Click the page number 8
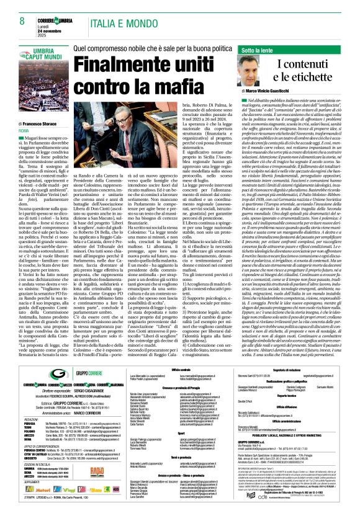(22, 22)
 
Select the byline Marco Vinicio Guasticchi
(272, 91)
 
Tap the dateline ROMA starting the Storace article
(24, 130)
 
